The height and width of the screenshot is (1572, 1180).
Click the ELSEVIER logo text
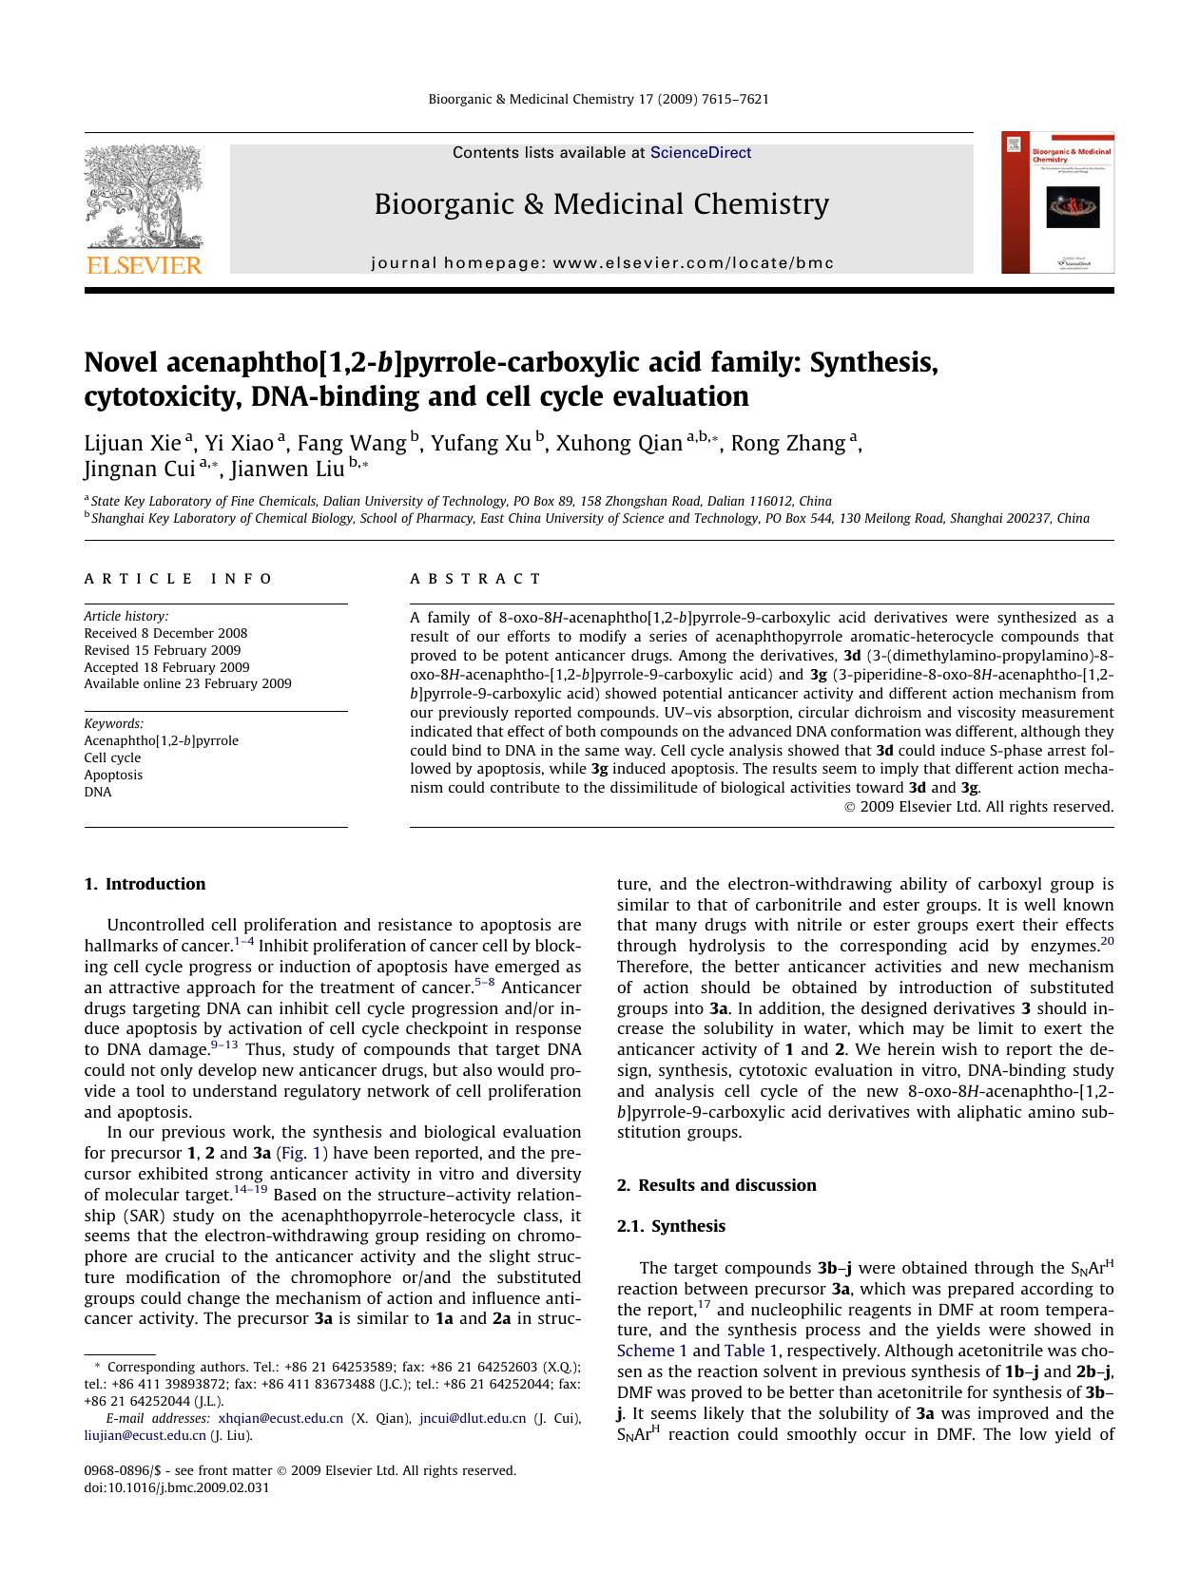pyautogui.click(x=144, y=265)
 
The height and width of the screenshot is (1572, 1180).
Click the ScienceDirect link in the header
pyautogui.click(x=700, y=153)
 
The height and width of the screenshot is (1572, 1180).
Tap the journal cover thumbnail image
pyautogui.click(x=1057, y=203)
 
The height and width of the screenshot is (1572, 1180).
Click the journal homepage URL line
pyautogui.click(x=602, y=263)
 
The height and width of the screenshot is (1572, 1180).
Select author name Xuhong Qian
pyautogui.click(x=619, y=444)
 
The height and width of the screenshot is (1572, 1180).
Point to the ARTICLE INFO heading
pyautogui.click(x=178, y=579)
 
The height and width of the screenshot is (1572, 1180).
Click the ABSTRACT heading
pyautogui.click(x=475, y=579)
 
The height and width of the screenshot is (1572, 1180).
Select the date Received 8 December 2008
pyautogui.click(x=165, y=633)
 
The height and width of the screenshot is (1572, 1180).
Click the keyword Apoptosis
pyautogui.click(x=113, y=775)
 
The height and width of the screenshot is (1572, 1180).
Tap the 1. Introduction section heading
pyautogui.click(x=145, y=884)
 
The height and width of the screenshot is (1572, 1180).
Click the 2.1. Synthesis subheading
pyautogui.click(x=670, y=1226)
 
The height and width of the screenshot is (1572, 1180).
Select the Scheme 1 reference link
pyautogui.click(x=651, y=1351)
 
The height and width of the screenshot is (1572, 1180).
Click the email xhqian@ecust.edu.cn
pyautogui.click(x=280, y=1418)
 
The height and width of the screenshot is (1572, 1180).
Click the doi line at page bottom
pyautogui.click(x=176, y=1487)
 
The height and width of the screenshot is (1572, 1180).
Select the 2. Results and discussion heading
pyautogui.click(x=716, y=1185)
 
